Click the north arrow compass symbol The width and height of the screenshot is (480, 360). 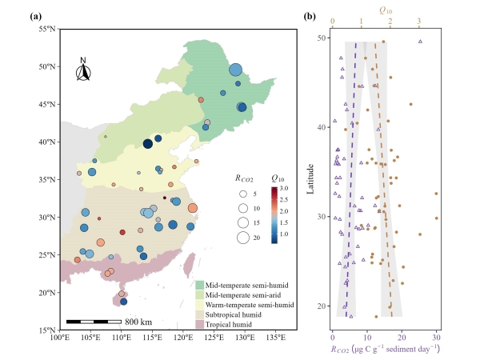[83, 70]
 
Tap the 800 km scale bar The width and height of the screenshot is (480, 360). [94, 321]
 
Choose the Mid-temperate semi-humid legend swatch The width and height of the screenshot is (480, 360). [199, 285]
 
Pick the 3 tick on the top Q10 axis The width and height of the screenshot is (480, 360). [419, 23]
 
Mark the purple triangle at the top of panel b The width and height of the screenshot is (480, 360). [420, 42]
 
